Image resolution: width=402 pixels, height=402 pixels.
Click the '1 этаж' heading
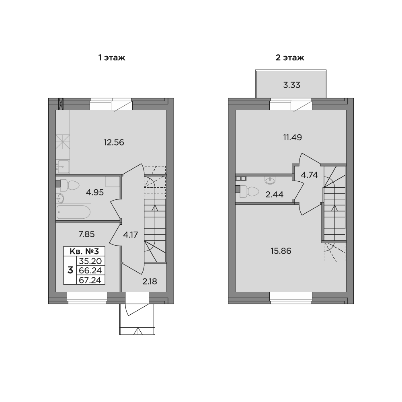tap(112, 57)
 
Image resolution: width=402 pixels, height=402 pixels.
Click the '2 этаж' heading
tap(290, 57)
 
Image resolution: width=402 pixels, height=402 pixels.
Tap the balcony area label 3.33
tap(292, 85)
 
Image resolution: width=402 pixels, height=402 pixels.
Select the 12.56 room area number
tap(114, 142)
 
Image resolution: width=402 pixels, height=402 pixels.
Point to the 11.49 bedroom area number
tap(293, 137)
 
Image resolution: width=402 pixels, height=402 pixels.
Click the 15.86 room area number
tap(281, 251)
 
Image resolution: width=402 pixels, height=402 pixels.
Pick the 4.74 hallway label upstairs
tap(310, 175)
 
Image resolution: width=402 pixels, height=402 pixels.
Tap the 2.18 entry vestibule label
tap(150, 281)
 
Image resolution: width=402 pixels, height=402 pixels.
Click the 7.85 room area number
tap(87, 234)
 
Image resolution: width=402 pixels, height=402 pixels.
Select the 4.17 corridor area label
tap(131, 235)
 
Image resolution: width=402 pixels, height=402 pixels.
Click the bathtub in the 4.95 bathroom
tap(74, 212)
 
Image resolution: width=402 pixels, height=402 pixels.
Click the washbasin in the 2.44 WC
tap(270, 180)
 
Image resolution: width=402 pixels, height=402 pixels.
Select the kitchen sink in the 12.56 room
tap(63, 167)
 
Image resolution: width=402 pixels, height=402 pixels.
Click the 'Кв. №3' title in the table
tap(84, 251)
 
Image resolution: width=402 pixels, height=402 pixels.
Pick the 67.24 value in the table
tap(90, 280)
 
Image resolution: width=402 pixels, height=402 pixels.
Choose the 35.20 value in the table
tap(90, 261)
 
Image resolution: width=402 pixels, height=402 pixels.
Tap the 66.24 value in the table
tap(90, 271)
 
